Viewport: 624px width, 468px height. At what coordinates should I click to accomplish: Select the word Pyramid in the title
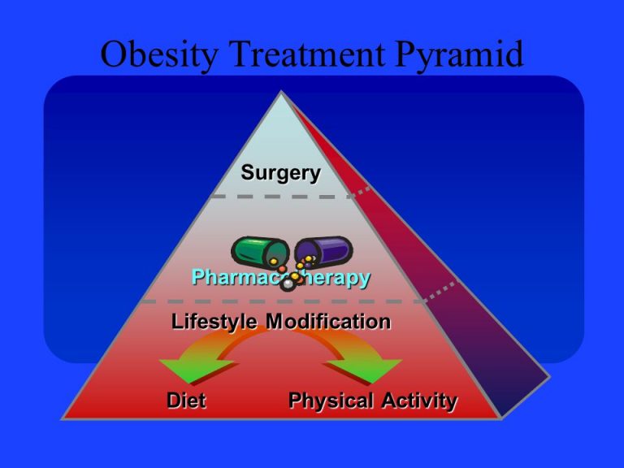[458, 55]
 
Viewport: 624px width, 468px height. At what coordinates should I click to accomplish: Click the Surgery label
[280, 173]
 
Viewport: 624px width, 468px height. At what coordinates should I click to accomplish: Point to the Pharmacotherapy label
[280, 278]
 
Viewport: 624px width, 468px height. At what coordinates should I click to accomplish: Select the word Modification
[329, 322]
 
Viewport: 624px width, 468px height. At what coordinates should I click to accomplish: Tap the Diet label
[186, 401]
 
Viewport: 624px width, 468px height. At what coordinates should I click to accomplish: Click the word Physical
[330, 401]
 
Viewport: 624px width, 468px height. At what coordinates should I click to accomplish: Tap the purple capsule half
[325, 250]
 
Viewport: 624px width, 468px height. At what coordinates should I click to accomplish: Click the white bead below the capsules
[287, 284]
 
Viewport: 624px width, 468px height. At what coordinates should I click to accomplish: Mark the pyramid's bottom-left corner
[65, 417]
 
